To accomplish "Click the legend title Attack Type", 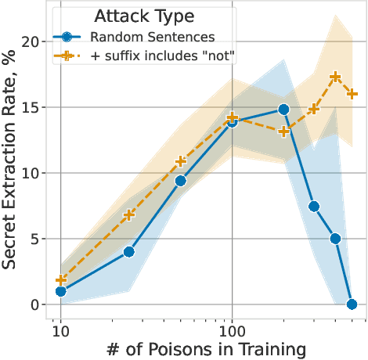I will pos(145,15).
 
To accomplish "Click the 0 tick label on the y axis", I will pos(37,304).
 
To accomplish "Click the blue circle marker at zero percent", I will pos(352,304).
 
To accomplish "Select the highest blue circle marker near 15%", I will pos(283,110).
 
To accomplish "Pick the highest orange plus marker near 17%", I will pos(335,77).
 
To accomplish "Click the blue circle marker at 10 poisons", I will pos(60,291).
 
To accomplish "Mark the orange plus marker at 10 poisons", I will pos(60,280).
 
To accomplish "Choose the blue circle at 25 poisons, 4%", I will pos(128,252).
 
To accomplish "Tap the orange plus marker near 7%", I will pos(128,214).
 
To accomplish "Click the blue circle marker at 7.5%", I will pos(314,207).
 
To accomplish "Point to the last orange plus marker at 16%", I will pos(352,94).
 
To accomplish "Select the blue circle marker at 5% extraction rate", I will pos(335,239).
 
